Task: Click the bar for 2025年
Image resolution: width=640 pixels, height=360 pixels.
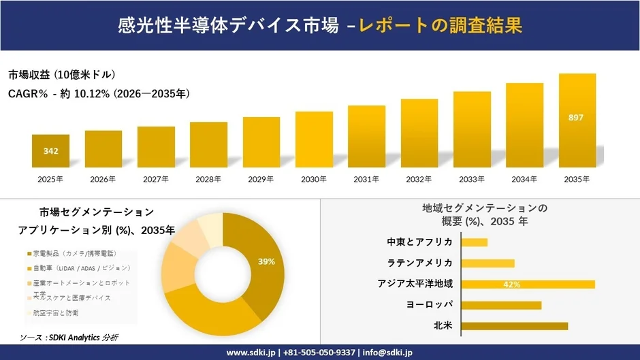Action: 50,151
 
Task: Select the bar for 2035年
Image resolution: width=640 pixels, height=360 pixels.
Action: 577,120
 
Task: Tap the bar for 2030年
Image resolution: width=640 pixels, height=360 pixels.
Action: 314,140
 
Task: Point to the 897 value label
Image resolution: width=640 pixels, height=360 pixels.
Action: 576,118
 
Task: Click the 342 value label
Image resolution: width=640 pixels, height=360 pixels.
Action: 50,151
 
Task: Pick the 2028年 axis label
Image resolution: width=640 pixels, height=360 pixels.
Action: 208,179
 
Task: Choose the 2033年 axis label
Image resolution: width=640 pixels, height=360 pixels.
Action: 472,179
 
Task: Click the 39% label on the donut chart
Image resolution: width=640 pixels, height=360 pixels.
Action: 266,261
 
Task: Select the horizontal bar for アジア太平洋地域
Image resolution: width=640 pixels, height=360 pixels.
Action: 528,284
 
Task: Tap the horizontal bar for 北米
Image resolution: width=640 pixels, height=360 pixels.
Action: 514,326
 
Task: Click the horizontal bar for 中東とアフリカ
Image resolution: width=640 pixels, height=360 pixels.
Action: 475,242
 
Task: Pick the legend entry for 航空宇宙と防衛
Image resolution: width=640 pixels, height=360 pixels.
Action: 54,312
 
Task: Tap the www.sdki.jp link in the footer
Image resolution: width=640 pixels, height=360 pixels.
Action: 250,353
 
